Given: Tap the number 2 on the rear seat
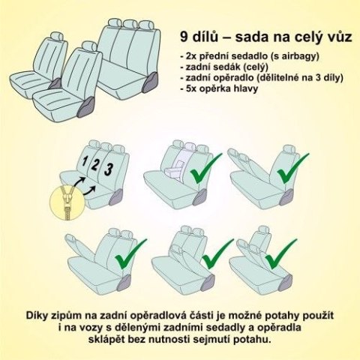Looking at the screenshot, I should coord(97,164).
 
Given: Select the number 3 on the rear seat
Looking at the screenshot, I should coord(109,168).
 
